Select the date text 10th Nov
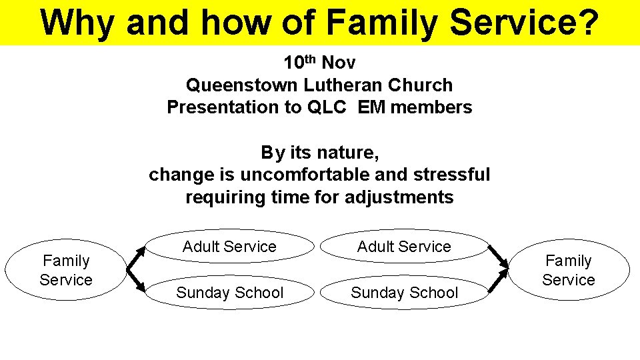[x=319, y=63]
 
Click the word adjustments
[x=399, y=197]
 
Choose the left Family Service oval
[x=65, y=270]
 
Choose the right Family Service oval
[x=568, y=270]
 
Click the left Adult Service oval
[x=229, y=247]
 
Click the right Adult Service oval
[x=404, y=247]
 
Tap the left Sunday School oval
[x=229, y=293]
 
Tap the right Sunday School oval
[x=404, y=293]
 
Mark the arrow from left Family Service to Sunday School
[x=137, y=282]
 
